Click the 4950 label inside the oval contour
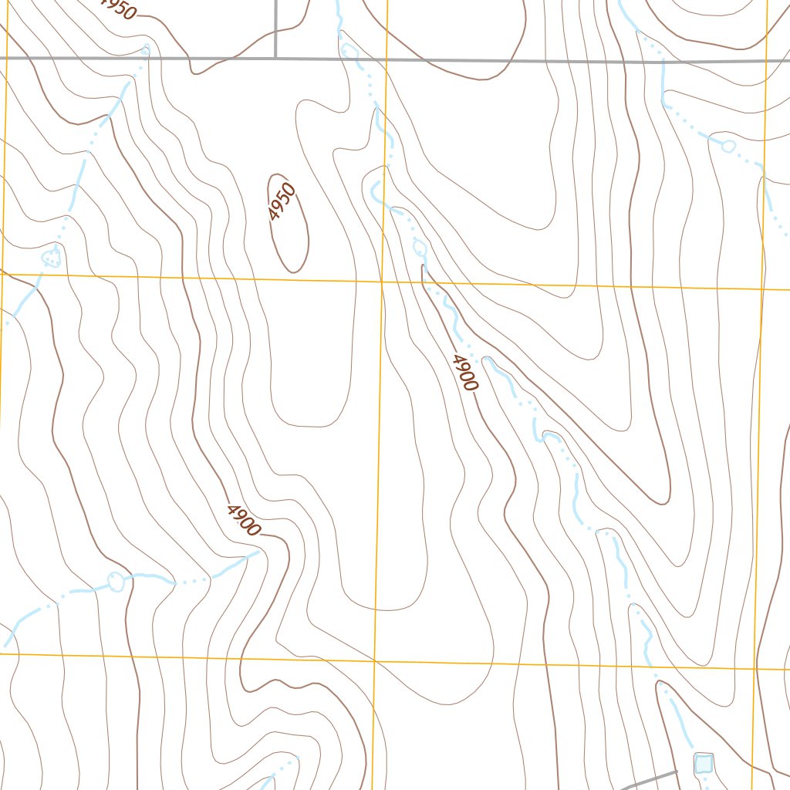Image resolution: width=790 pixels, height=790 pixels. click(282, 202)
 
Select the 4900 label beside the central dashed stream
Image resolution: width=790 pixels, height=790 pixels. click(466, 373)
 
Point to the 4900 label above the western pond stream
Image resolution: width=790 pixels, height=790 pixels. click(244, 520)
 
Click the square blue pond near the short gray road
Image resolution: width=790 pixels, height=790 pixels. click(703, 763)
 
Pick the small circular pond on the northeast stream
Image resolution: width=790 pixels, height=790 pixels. click(727, 145)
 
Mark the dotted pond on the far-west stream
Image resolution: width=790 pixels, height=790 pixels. click(51, 256)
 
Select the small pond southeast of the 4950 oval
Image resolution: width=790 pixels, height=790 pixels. click(420, 248)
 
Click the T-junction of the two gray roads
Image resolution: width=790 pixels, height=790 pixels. click(275, 58)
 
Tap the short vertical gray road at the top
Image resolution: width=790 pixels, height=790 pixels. click(275, 28)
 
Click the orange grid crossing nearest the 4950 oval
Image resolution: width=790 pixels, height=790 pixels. click(382, 282)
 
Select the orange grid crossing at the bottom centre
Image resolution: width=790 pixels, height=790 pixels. click(373, 661)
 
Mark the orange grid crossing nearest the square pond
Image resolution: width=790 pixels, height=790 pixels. click(755, 669)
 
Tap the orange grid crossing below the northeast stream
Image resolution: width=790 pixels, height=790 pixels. click(762, 289)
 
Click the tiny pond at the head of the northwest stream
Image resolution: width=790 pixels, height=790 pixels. click(146, 51)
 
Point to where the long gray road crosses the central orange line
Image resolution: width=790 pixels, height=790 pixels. click(387, 59)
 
